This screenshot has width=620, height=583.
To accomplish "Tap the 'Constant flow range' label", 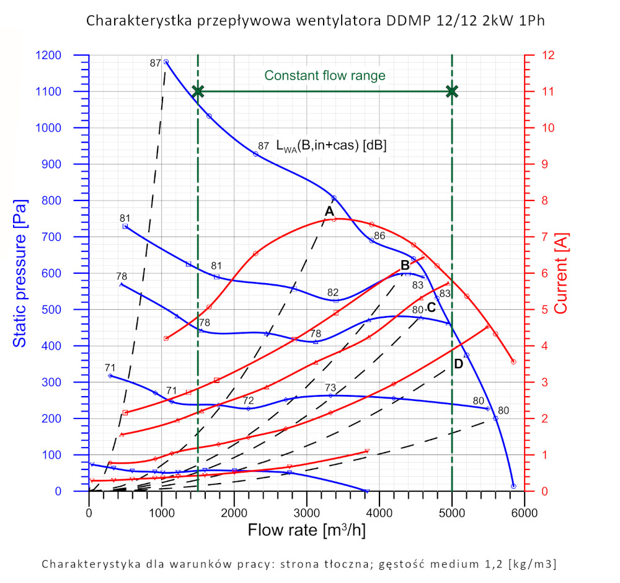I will pyautogui.click(x=325, y=76).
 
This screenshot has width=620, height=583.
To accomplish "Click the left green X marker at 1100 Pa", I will pyautogui.click(x=198, y=91).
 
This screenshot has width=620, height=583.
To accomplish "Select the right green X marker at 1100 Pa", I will pyautogui.click(x=452, y=91).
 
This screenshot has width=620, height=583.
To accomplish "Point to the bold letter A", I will pyautogui.click(x=329, y=211).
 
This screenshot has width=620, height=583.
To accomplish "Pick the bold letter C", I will pyautogui.click(x=432, y=306).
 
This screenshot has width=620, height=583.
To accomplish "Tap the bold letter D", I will pyautogui.click(x=458, y=364).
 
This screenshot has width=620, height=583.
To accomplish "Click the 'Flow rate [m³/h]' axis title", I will pyautogui.click(x=306, y=531).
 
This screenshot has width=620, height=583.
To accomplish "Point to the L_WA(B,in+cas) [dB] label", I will pyautogui.click(x=332, y=147).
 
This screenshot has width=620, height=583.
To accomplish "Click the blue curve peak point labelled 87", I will pyautogui.click(x=166, y=62).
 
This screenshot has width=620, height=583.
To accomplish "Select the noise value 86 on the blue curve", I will pyautogui.click(x=379, y=235).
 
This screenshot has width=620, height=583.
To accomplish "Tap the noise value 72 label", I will pyautogui.click(x=248, y=400).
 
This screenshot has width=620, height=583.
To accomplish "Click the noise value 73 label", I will pyautogui.click(x=330, y=388).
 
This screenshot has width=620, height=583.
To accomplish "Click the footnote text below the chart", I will pyautogui.click(x=299, y=564).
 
